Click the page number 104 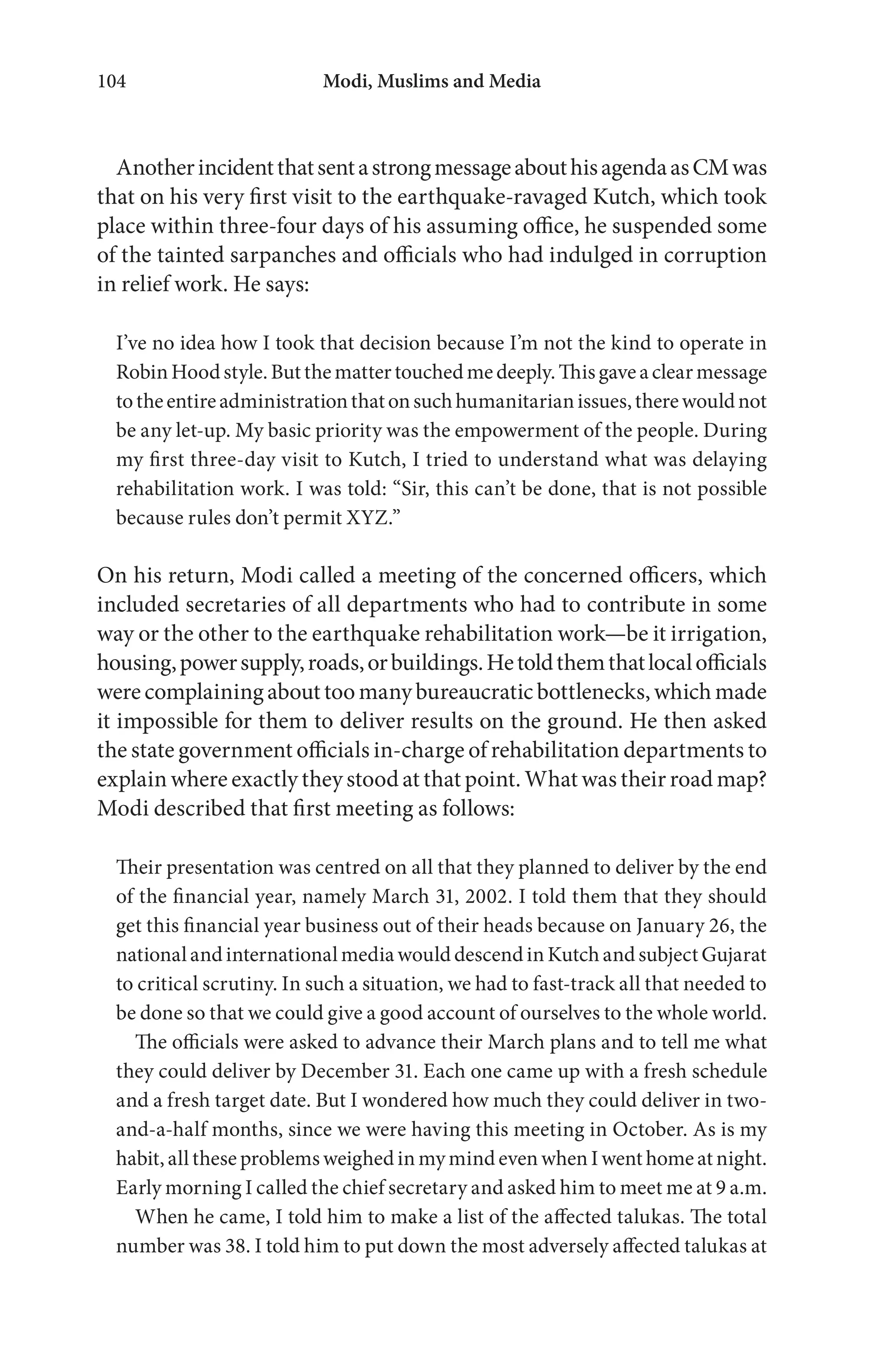pos(112,82)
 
